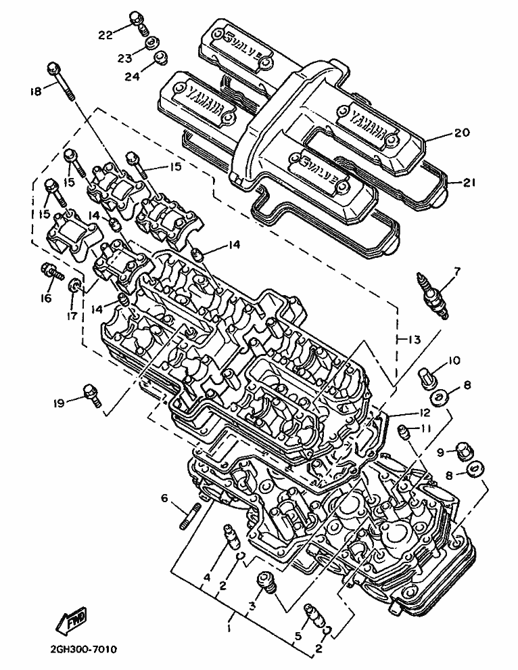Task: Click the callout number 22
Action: pos(105,35)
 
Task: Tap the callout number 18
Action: pos(37,91)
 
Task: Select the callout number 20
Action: pos(461,132)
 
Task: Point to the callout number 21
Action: pos(469,183)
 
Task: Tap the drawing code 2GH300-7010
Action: pos(83,650)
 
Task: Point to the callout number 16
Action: pos(46,298)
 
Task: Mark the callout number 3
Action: pos(252,606)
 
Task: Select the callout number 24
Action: pos(132,76)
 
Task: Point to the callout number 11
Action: pos(426,428)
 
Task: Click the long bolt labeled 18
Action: pos(62,81)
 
